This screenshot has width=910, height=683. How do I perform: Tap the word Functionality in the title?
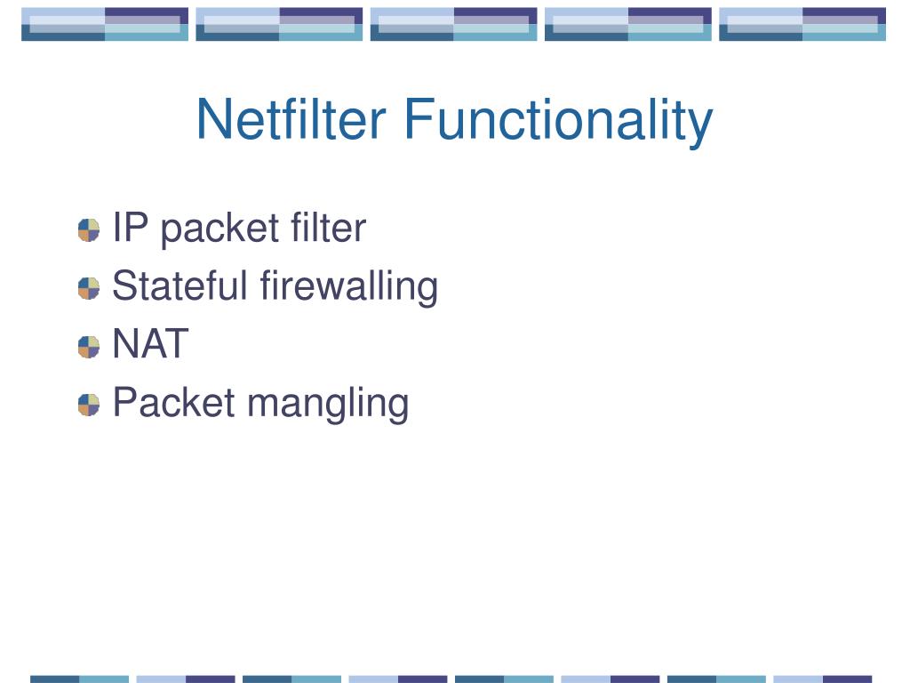point(557,121)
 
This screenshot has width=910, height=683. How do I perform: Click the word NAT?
point(150,344)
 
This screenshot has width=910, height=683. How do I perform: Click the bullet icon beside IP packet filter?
point(89,230)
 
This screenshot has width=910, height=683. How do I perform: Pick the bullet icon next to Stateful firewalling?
point(89,288)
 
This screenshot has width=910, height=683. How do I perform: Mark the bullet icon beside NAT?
point(89,346)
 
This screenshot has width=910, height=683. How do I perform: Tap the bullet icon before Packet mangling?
point(89,405)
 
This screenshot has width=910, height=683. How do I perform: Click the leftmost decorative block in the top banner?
point(105,24)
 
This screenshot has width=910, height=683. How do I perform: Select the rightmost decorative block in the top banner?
point(802,24)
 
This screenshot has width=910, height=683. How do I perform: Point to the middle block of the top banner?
point(453,24)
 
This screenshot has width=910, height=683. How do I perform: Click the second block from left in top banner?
point(279,24)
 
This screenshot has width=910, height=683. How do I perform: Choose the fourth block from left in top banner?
point(627,24)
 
